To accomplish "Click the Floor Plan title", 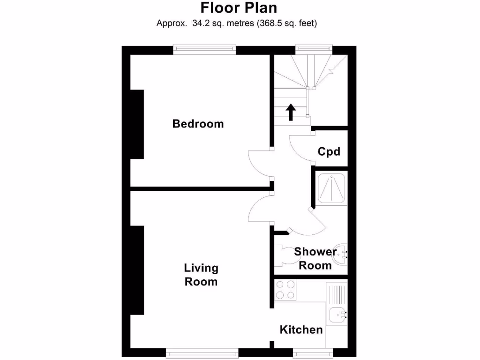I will [239, 8].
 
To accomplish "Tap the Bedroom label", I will [198, 124].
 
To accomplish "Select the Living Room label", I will [201, 275].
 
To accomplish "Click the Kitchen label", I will [301, 330].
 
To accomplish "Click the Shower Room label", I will [315, 258].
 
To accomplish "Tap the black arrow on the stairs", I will [291, 112].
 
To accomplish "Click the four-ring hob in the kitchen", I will [286, 290].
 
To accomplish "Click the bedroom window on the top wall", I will [204, 49].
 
